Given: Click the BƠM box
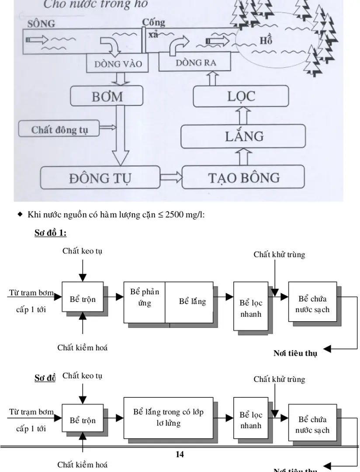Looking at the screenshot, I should (x=107, y=96).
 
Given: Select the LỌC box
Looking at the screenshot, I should (x=241, y=96).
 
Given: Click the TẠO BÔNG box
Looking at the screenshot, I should (x=243, y=177).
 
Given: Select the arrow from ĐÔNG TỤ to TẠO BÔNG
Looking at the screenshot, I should (x=171, y=177).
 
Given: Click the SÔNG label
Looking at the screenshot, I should (x=42, y=24).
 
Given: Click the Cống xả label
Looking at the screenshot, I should (x=153, y=28).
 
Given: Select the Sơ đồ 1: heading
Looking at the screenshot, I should (x=50, y=233).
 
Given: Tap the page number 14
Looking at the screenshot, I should (x=180, y=454).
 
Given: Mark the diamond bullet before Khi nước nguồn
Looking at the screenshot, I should (x=20, y=214).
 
